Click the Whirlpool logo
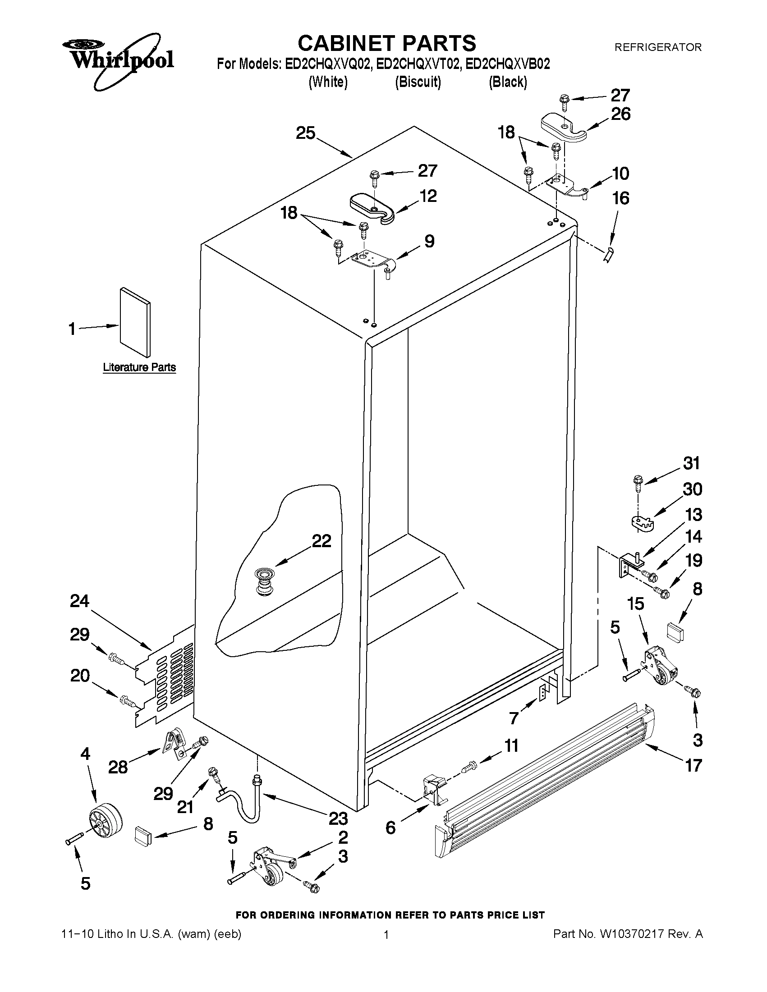click(x=117, y=60)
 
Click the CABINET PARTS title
click(x=387, y=44)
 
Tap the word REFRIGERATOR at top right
click(x=657, y=47)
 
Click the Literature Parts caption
click(x=139, y=367)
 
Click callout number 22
click(x=321, y=540)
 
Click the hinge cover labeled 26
click(x=564, y=128)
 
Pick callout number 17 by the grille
click(x=694, y=765)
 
